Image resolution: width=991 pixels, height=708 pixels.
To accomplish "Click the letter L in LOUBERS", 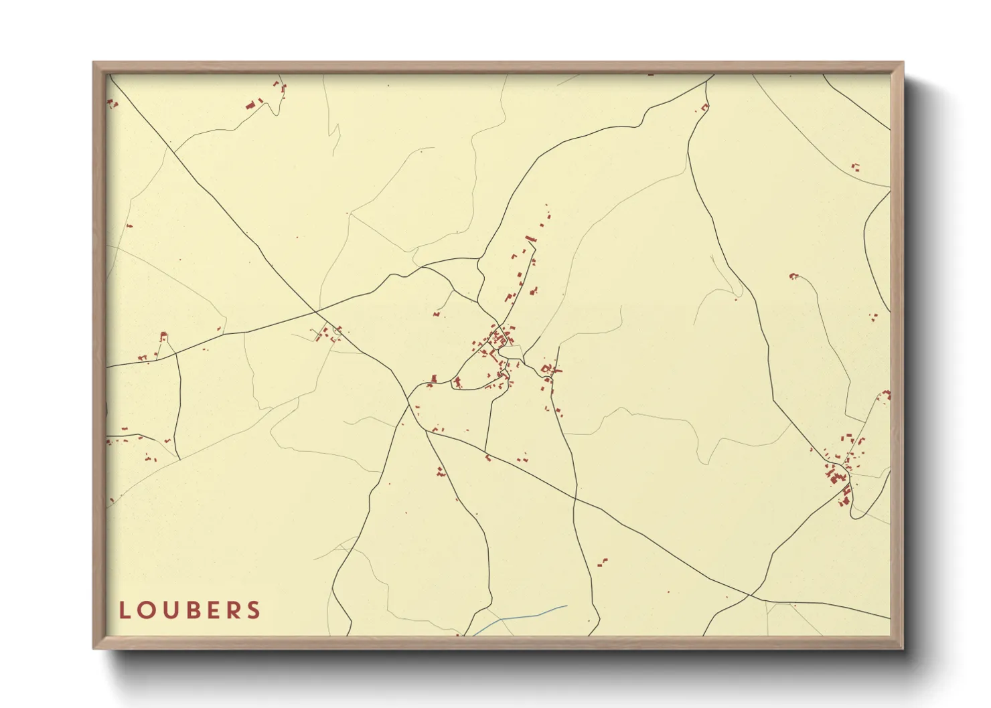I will click(124, 610).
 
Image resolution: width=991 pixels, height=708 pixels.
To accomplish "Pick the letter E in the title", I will click(212, 610).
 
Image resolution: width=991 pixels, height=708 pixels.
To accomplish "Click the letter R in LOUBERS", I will click(232, 610).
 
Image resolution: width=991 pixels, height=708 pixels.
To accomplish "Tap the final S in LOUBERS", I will click(253, 610).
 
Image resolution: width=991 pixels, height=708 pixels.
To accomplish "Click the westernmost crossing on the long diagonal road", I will click(316, 312).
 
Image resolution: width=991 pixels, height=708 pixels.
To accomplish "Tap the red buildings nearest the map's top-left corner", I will click(112, 103).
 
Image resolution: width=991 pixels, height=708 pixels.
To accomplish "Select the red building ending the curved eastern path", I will click(793, 276).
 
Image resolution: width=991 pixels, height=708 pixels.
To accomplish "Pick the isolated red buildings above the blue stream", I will click(602, 562).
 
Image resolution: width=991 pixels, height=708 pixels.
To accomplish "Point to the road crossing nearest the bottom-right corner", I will click(750, 594).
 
